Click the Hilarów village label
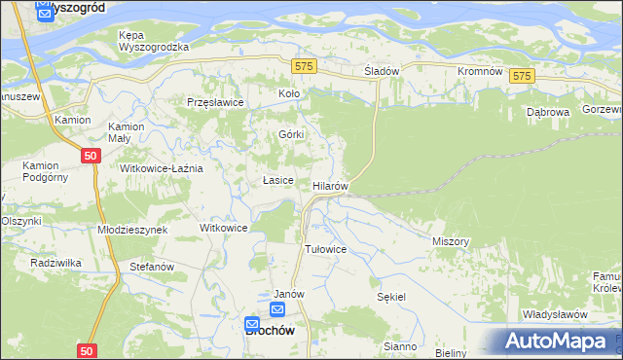coord(330,185)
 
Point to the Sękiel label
coord(391,296)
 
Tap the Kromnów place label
coord(479,72)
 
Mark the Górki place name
coord(292,134)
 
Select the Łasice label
coord(278,181)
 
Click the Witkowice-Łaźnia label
coord(161,168)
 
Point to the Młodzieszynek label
coord(133,230)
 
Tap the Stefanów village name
coord(151,266)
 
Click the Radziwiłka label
coord(55,263)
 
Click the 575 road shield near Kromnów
coord(523,77)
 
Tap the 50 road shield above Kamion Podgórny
coord(90,156)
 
